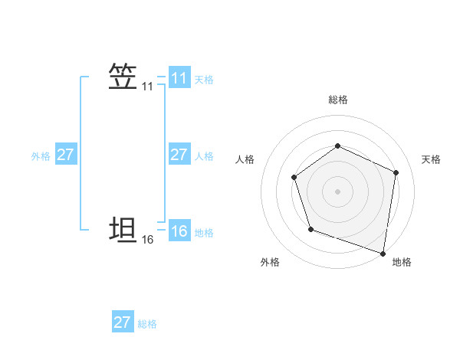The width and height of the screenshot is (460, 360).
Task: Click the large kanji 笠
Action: tap(123, 77)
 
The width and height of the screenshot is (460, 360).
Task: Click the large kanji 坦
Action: tap(123, 230)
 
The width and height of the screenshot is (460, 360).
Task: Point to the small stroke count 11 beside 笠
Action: tap(147, 87)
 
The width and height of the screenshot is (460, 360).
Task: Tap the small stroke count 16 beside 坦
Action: tap(147, 240)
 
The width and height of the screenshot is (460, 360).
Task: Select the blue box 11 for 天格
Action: tap(179, 78)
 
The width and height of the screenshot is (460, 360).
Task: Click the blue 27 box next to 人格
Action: tap(179, 155)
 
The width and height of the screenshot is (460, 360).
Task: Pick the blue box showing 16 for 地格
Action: tap(179, 231)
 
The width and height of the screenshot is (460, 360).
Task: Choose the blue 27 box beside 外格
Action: tap(65, 155)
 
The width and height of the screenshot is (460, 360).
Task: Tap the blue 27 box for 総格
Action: tap(123, 322)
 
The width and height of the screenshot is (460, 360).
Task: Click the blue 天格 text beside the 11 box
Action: tap(204, 79)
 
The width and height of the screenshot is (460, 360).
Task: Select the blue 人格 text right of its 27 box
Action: tap(204, 155)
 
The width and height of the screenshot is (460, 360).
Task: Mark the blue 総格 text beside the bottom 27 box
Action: tap(147, 323)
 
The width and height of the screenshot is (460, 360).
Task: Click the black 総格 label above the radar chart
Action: tap(337, 100)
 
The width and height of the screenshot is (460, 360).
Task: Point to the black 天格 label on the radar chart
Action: tap(431, 159)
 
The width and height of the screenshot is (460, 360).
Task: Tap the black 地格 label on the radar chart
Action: tap(402, 262)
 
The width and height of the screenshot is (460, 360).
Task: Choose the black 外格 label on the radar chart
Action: tap(270, 262)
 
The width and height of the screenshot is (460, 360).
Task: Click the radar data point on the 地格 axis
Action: tap(383, 252)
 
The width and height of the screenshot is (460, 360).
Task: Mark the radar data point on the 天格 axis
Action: tap(396, 172)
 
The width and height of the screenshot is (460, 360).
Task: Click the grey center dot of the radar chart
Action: tap(337, 191)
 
